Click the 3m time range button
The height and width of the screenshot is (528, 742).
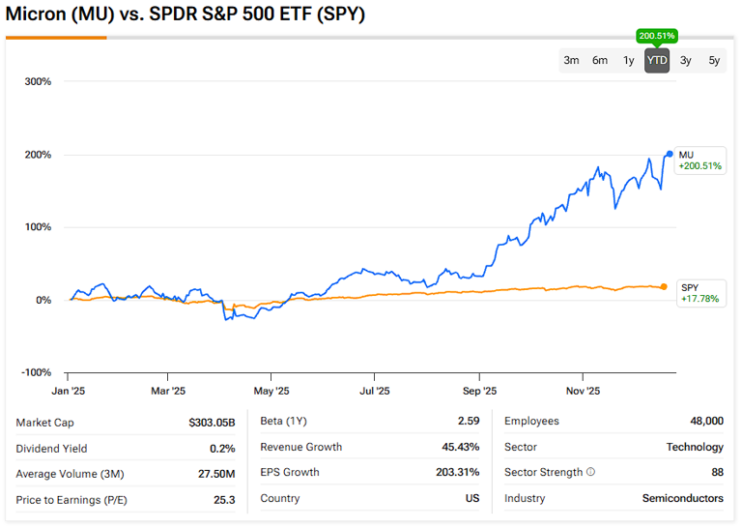(571, 61)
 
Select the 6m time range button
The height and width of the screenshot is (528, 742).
(600, 61)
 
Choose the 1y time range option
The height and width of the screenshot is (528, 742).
(629, 61)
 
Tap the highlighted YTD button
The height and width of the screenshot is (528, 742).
(657, 61)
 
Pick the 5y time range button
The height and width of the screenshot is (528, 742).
(714, 61)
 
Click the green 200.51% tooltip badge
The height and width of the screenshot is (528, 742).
(657, 36)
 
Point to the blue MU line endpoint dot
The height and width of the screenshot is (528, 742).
(670, 154)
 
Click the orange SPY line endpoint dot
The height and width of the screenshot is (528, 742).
(664, 286)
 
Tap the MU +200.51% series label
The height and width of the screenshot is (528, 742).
(700, 161)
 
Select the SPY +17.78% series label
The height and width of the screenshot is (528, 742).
(700, 293)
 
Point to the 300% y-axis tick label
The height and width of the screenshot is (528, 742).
(37, 81)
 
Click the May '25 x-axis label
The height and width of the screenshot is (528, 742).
(271, 392)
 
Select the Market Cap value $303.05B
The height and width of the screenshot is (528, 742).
(212, 422)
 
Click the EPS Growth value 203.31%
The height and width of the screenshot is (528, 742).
(459, 472)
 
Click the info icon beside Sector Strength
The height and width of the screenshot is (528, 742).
(590, 473)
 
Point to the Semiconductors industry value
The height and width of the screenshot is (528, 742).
(683, 498)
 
